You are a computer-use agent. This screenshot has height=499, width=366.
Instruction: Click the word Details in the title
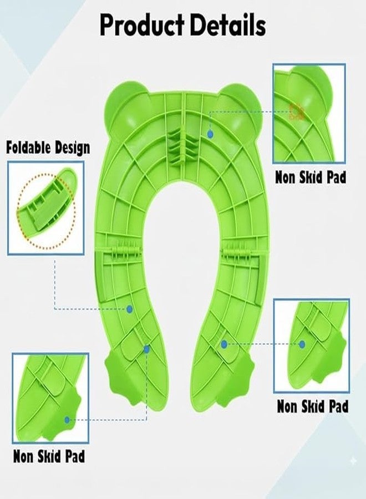click(228, 25)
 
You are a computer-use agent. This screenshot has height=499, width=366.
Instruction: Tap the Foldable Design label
click(48, 147)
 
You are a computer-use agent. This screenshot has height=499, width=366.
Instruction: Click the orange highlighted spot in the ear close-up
click(297, 111)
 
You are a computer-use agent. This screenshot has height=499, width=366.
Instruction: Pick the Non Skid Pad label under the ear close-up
click(311, 177)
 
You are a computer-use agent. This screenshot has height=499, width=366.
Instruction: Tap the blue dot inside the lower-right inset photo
click(302, 344)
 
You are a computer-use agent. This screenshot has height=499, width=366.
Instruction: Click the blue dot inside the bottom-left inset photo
click(67, 420)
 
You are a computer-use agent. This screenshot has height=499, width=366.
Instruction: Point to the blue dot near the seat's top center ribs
click(210, 134)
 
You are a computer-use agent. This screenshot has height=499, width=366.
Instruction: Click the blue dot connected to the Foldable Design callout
click(130, 309)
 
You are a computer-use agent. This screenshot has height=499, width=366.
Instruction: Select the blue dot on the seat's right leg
click(224, 344)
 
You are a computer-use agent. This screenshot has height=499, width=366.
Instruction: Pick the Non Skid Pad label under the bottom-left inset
click(49, 456)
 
